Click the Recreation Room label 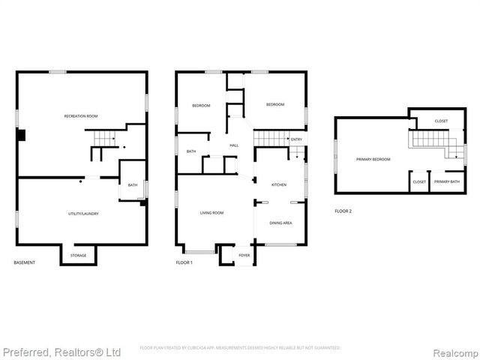(81, 116)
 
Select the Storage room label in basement (79, 256)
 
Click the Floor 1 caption (184, 262)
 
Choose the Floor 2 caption (343, 211)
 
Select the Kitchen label (279, 184)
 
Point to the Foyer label (244, 256)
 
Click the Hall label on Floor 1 (234, 145)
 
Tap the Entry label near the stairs (296, 139)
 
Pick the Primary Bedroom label (373, 159)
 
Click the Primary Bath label (446, 181)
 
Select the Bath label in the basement (132, 185)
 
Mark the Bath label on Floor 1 (191, 151)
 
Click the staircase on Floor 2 (432, 141)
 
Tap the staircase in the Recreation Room (103, 139)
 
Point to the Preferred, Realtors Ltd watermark (61, 351)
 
